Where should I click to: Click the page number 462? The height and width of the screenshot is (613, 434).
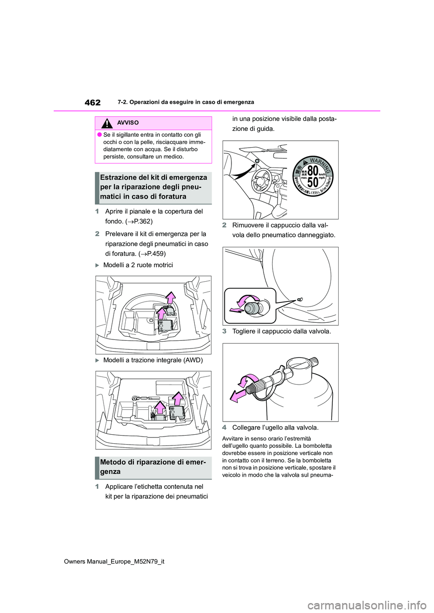coord(92,102)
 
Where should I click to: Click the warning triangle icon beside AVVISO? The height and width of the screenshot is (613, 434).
coord(107,123)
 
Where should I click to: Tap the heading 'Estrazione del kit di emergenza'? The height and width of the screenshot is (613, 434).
coord(153,178)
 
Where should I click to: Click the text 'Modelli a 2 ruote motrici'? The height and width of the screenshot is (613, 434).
coord(138,265)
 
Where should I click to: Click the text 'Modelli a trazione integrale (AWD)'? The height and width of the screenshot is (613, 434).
coord(153,360)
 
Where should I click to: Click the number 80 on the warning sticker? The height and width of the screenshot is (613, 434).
coord(313,170)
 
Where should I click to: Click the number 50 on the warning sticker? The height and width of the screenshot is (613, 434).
coord(313,182)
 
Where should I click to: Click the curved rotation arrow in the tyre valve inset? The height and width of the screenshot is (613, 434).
coord(248,299)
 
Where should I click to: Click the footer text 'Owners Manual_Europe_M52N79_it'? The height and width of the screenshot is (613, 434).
coord(114,562)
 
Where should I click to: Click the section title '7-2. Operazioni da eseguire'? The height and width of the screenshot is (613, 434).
coord(185,102)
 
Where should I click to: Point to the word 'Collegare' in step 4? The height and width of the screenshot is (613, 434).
coord(246,427)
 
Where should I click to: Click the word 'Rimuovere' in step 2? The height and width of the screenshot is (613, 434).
coord(248,225)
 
